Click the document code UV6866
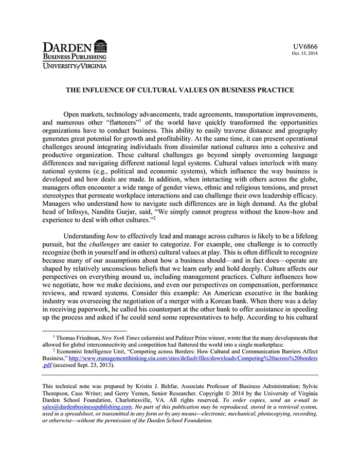coord(307,46)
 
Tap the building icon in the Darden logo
coord(101,46)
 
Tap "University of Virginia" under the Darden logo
coord(75,66)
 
